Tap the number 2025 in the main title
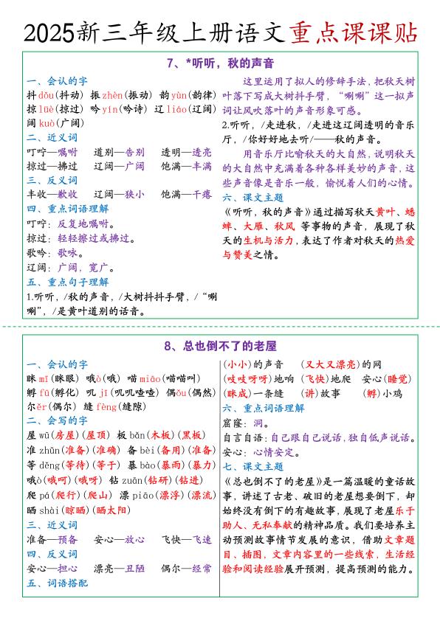point(49,32)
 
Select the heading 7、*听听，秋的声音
point(220,62)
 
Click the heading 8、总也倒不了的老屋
point(220,346)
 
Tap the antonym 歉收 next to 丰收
point(67,195)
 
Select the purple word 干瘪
point(202,195)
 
